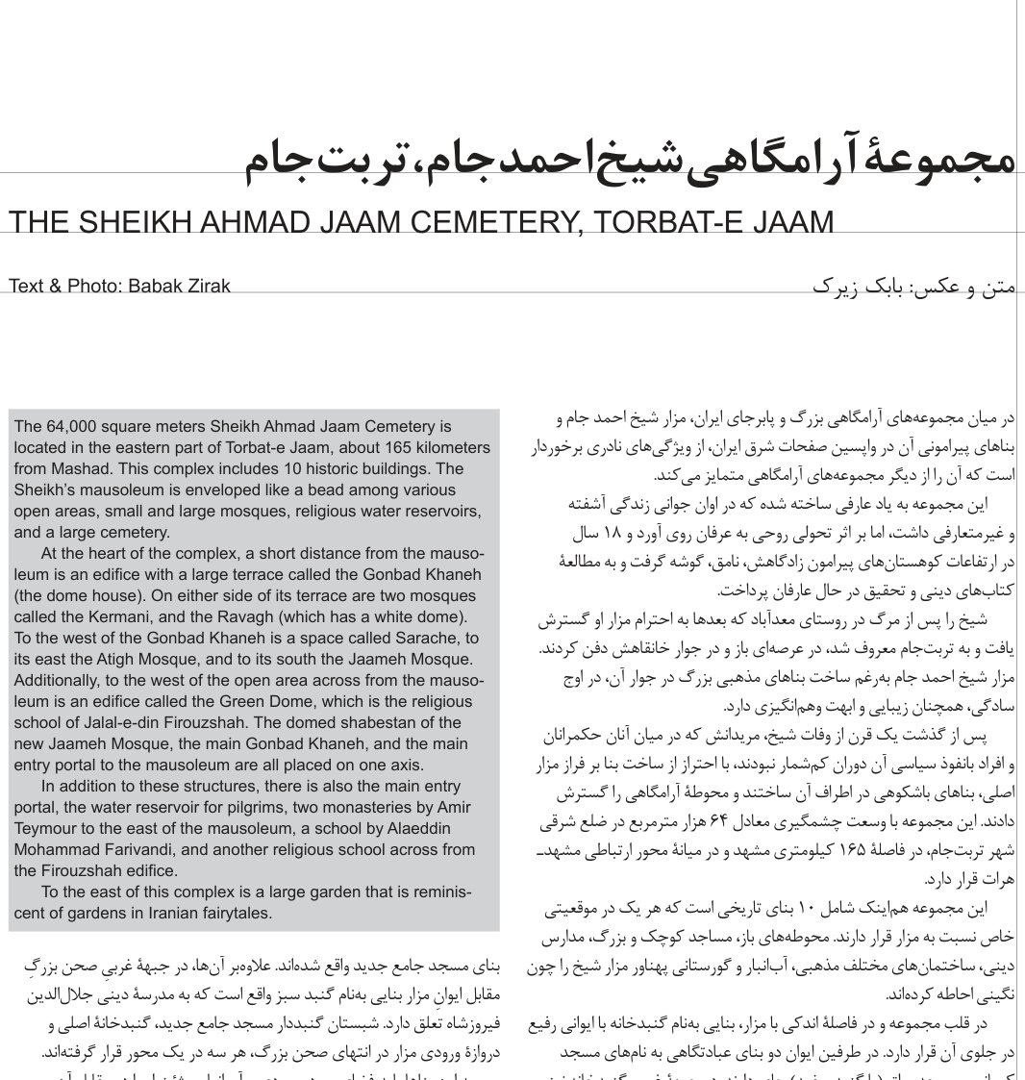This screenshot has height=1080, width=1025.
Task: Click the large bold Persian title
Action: (x=630, y=159)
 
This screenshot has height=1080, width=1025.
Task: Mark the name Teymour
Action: (x=47, y=829)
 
